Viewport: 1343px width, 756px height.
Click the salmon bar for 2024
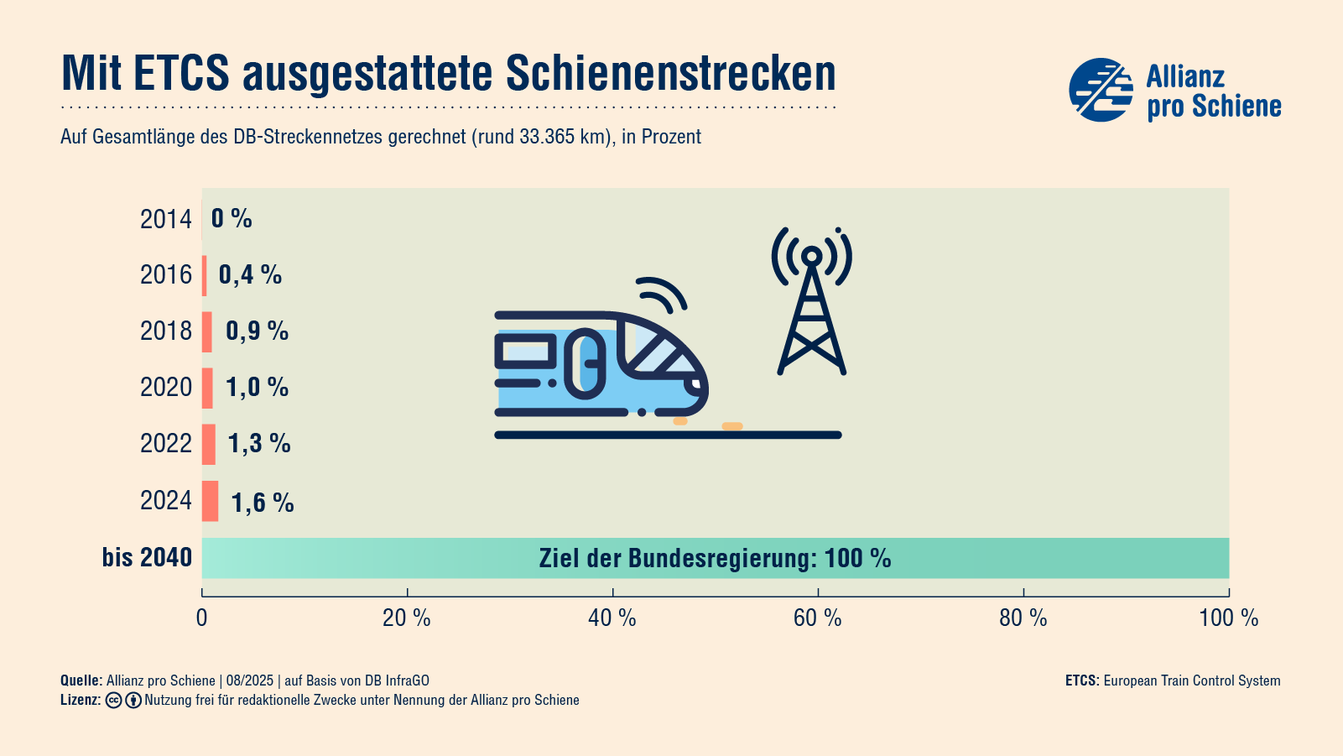click(x=210, y=501)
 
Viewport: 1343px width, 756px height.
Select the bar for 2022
click(x=209, y=444)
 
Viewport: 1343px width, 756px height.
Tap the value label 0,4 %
click(x=250, y=274)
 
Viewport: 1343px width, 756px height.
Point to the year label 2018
click(x=166, y=331)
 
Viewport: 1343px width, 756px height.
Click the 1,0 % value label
click(x=257, y=387)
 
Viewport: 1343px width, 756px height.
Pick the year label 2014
click(x=166, y=219)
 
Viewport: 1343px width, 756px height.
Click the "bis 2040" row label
click(x=147, y=557)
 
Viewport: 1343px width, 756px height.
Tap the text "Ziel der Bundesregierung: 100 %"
click(x=715, y=558)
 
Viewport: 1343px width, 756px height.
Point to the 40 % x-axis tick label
click(x=612, y=618)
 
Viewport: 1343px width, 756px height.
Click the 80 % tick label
click(x=1023, y=618)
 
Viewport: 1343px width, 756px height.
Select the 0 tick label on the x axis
click(x=201, y=618)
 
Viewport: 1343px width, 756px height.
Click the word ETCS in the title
click(x=181, y=73)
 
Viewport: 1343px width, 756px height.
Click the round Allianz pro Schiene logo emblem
click(x=1101, y=90)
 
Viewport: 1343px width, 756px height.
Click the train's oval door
click(x=586, y=363)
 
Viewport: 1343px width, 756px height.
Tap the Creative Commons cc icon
click(x=114, y=701)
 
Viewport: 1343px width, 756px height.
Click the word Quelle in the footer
click(x=80, y=680)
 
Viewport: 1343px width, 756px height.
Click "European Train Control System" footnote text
click(x=1191, y=680)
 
